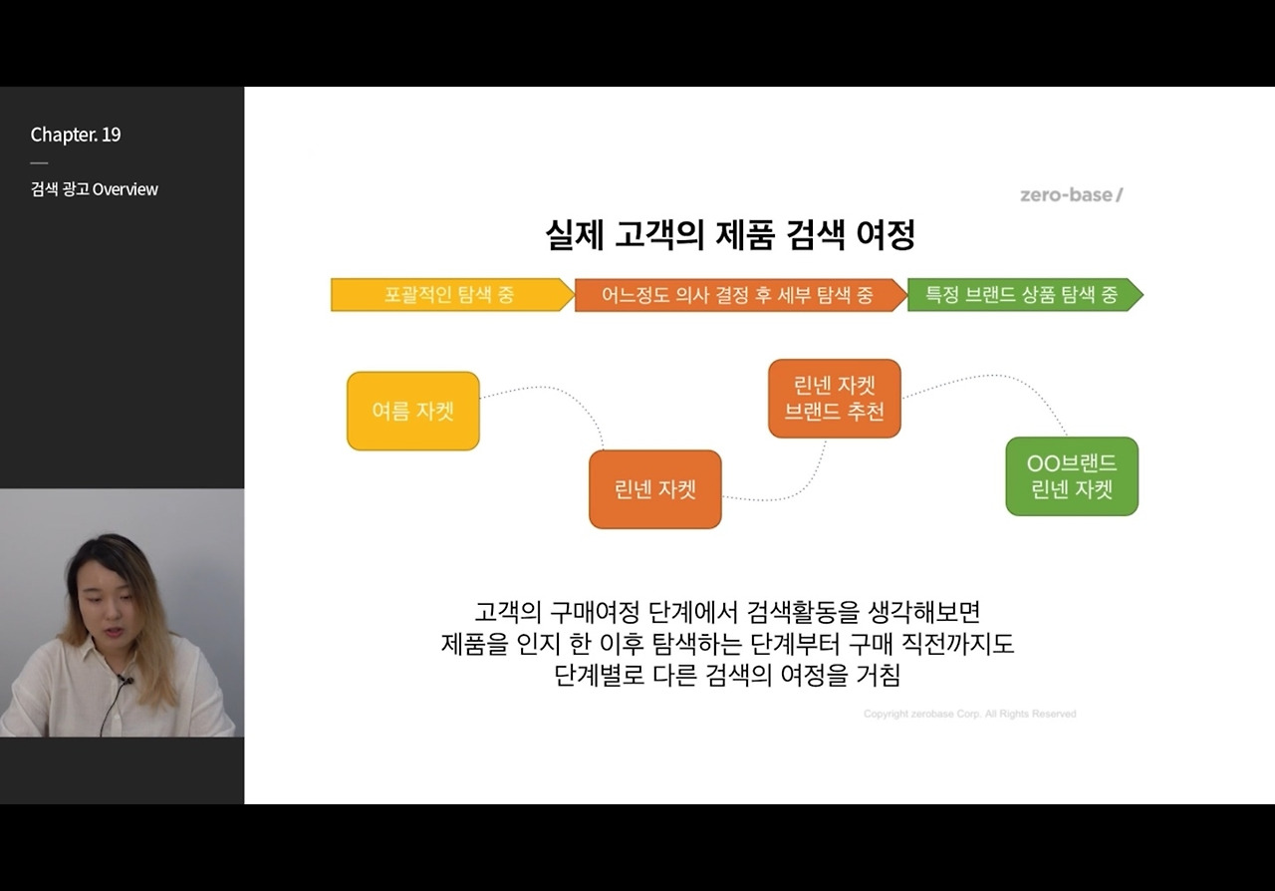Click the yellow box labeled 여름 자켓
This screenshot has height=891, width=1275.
point(412,411)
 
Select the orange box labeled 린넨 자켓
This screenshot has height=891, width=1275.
point(654,489)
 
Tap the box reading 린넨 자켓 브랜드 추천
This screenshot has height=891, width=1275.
point(834,399)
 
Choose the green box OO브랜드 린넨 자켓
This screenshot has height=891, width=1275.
point(1071,476)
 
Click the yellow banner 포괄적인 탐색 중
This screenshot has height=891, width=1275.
point(451,295)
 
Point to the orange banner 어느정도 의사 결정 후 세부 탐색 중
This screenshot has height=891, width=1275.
point(738,295)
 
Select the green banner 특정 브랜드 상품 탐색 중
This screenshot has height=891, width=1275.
point(1022,295)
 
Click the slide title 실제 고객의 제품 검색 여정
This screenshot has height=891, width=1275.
point(729,235)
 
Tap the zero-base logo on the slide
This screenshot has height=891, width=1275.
point(1071,194)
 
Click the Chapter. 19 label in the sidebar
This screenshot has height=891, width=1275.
point(76,135)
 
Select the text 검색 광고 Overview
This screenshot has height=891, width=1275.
point(94,189)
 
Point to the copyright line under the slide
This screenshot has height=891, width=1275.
point(969,714)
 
